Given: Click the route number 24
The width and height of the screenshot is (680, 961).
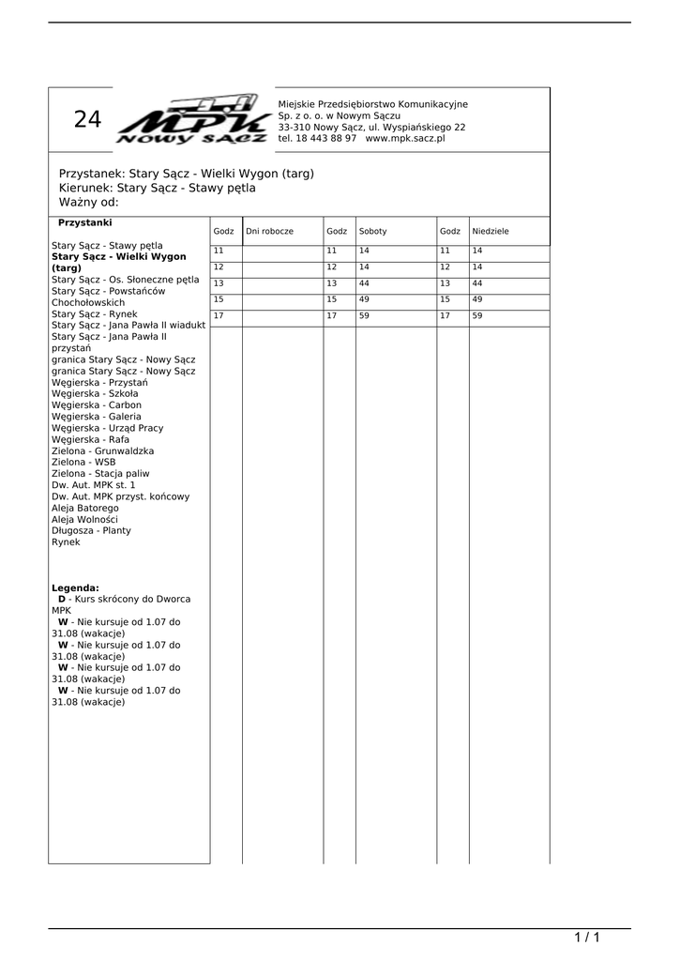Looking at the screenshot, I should [87, 120].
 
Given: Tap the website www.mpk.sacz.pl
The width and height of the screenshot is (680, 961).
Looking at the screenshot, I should [405, 138].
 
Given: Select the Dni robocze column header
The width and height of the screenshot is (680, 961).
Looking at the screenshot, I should [270, 231].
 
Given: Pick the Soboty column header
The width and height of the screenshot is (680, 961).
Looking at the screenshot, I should [372, 231].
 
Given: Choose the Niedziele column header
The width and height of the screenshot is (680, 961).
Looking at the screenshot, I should [491, 231].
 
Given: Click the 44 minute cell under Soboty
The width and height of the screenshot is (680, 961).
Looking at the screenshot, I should [364, 283].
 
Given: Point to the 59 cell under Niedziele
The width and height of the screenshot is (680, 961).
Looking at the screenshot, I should [476, 316].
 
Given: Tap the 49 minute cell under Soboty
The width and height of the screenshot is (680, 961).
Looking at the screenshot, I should [364, 299].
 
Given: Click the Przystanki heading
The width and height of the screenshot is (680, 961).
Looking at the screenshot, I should [85, 222].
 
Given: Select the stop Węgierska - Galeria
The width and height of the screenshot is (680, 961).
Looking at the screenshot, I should [97, 416].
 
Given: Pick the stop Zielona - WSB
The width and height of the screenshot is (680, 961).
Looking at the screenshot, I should [83, 462].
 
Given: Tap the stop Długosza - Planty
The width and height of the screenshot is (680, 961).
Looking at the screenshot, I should [91, 530].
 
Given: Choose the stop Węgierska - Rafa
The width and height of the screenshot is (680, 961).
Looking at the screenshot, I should [90, 439].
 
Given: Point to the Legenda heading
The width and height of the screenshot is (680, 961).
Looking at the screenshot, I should [75, 587].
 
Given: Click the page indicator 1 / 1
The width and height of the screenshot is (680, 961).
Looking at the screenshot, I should [586, 938].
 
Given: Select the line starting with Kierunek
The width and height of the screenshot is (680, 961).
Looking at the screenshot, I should [157, 188].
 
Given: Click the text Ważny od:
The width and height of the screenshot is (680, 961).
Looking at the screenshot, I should [89, 202].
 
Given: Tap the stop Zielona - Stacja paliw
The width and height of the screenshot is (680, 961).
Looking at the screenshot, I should [100, 473].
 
